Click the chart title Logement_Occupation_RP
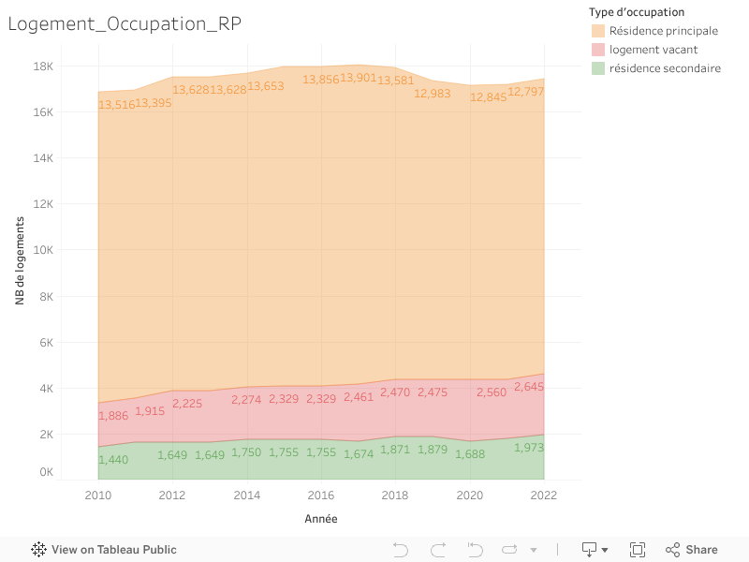click(125, 24)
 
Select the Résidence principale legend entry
click(663, 31)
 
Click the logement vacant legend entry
click(653, 50)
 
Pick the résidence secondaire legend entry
click(664, 68)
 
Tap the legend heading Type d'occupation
click(637, 12)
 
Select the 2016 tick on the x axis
click(321, 495)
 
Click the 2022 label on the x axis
click(544, 495)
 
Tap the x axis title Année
click(321, 518)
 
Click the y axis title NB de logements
click(20, 260)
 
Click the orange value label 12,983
click(432, 94)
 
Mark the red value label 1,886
click(113, 416)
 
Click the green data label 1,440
click(113, 460)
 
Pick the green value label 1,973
click(528, 448)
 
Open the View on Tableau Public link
click(104, 550)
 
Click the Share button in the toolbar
click(692, 550)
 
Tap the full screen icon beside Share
click(638, 550)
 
